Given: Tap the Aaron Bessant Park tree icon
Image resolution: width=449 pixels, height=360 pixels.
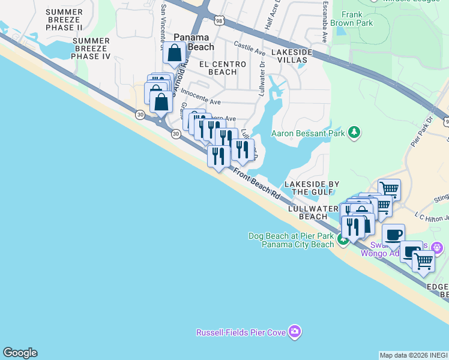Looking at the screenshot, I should pyautogui.click(x=355, y=132).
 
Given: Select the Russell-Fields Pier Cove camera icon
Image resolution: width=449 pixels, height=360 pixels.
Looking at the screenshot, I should pyautogui.click(x=294, y=331).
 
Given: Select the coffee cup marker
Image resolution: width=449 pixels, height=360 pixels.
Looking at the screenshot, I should pyautogui.click(x=393, y=235).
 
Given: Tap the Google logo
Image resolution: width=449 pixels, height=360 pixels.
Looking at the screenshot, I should pyautogui.click(x=20, y=353).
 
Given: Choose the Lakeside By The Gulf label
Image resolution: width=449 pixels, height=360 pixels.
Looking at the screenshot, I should pyautogui.click(x=312, y=188).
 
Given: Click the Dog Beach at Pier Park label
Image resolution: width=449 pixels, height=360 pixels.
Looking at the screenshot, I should pyautogui.click(x=291, y=240).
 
